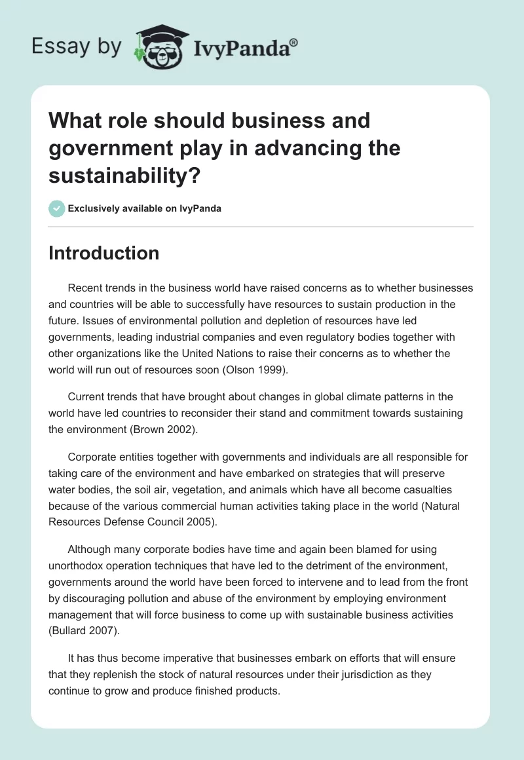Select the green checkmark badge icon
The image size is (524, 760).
[57, 208]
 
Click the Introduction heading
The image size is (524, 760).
[103, 253]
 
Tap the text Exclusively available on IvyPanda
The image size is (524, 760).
[145, 208]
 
